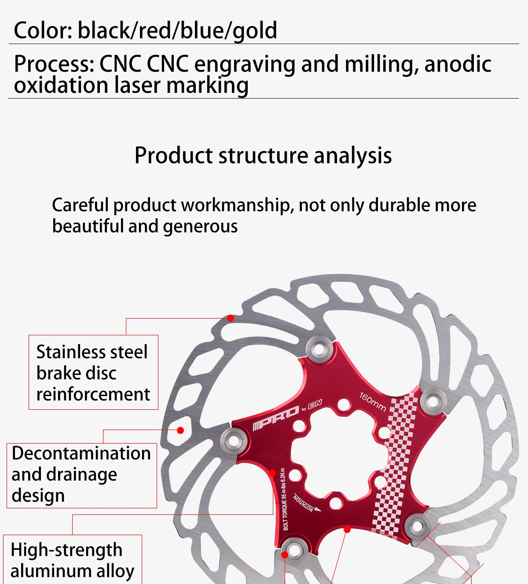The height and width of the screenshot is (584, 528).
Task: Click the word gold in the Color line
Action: pos(255,31)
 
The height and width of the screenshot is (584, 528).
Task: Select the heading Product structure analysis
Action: pos(263,155)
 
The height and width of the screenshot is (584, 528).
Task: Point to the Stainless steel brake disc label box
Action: pos(93,372)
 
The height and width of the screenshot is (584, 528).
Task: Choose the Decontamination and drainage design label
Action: pos(81,475)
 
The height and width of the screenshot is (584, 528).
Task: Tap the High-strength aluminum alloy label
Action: pos(73,559)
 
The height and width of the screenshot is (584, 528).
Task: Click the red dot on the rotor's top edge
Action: pos(230,318)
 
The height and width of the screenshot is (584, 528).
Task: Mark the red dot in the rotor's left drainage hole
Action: pos(180,430)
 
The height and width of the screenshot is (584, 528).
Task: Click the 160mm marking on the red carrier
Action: pos(372,401)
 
